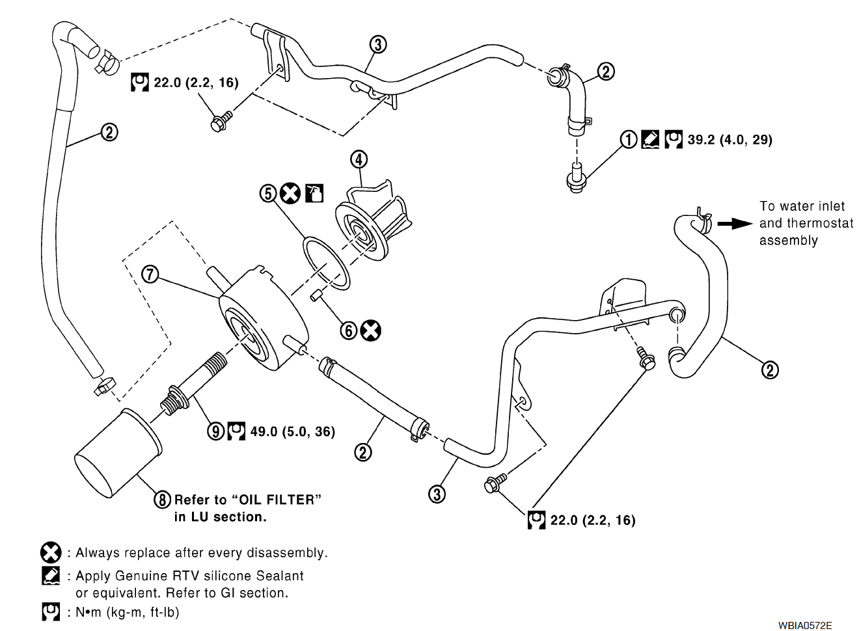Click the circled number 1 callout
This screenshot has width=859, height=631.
628,139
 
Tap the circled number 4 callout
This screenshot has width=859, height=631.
359,159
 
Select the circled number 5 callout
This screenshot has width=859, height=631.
268,193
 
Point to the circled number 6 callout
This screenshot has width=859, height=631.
349,330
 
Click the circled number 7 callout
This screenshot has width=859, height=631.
150,274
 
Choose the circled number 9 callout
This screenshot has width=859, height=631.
216,431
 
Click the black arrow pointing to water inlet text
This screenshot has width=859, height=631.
734,223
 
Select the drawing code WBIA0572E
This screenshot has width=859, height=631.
804,625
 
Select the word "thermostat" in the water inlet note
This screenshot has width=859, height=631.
820,223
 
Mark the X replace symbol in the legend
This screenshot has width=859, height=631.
51,553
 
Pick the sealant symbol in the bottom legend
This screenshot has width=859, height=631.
51,576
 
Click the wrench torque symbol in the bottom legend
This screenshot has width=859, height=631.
51,612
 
